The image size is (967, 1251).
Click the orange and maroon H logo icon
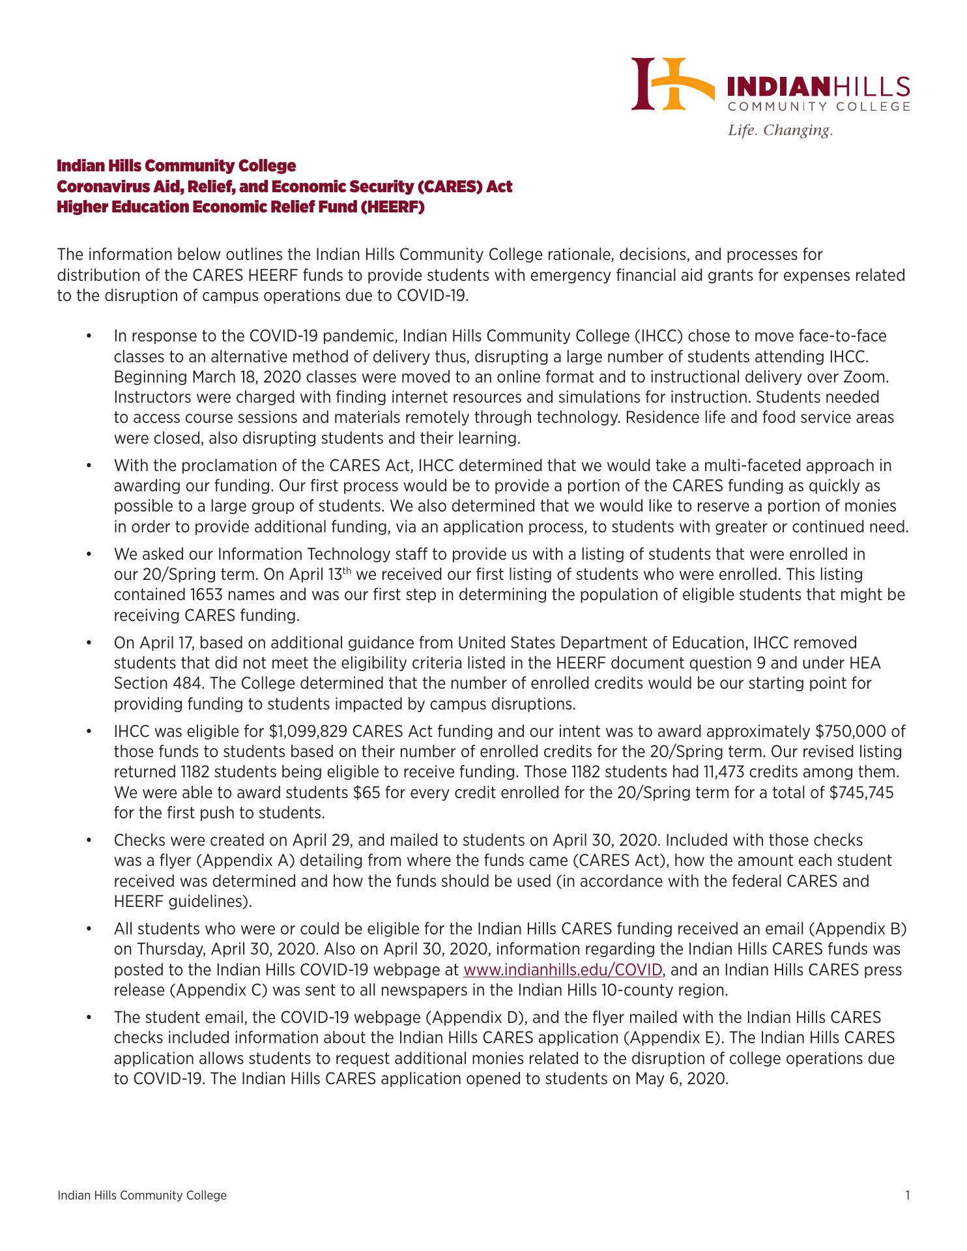669,84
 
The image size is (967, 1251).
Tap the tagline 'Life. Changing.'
780,130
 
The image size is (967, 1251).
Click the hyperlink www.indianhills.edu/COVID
563,970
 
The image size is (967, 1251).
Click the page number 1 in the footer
907,1195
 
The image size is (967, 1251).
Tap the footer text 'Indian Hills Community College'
142,1195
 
